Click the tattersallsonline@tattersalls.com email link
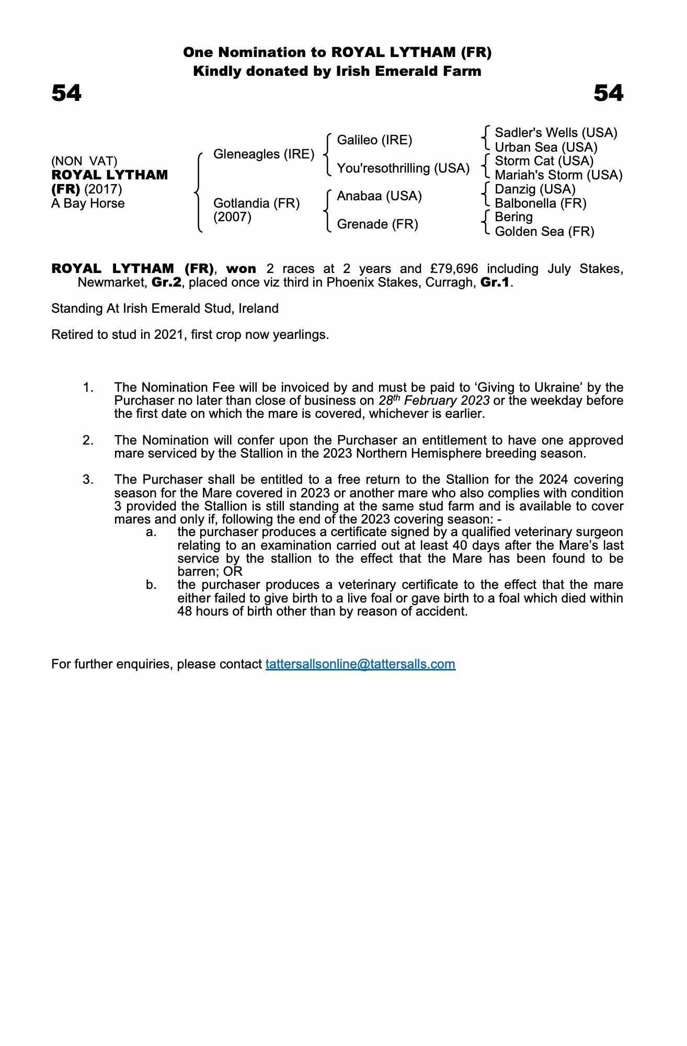click(x=360, y=664)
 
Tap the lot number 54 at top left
click(x=66, y=94)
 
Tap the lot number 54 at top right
click(x=609, y=94)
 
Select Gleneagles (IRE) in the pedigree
click(x=264, y=154)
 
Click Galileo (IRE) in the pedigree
click(x=374, y=140)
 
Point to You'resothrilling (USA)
click(x=403, y=168)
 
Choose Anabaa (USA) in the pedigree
click(x=379, y=196)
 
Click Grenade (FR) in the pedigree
click(x=377, y=224)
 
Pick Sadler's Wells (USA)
click(x=556, y=133)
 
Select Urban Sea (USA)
click(x=546, y=147)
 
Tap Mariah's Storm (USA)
click(x=558, y=175)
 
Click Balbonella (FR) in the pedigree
click(x=541, y=203)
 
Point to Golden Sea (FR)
click(x=544, y=232)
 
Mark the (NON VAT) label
click(x=84, y=161)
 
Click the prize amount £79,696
click(x=454, y=269)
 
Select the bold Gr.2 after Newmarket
click(x=166, y=283)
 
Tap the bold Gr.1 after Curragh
click(x=495, y=283)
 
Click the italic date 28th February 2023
click(x=434, y=401)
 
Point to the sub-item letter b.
click(x=151, y=585)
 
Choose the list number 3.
click(x=88, y=480)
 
